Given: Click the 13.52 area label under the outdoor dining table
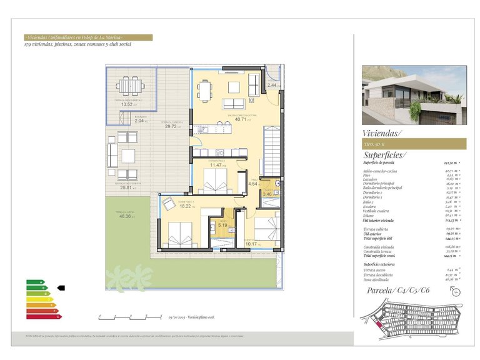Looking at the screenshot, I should click(126, 104).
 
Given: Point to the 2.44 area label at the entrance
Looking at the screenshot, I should click(272, 85).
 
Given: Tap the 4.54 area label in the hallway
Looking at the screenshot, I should click(253, 184).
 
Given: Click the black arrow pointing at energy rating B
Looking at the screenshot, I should click(61, 288).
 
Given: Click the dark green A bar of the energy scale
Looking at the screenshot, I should click(35, 282).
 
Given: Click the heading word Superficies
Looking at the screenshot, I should click(384, 155).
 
